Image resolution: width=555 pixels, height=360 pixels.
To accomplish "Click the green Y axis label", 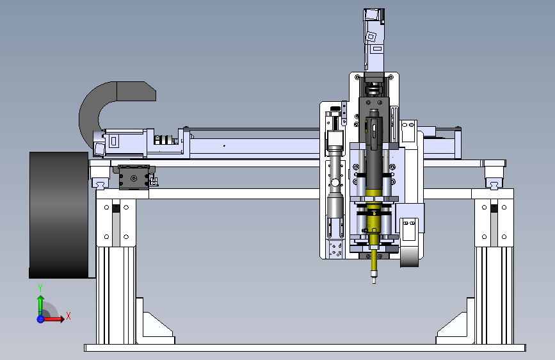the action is coord(40,288).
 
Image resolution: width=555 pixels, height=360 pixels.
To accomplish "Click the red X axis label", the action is coord(68,316).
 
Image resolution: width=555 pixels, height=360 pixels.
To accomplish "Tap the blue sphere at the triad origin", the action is coord(40,319).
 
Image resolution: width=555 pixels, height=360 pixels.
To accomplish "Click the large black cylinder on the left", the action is coord(59,215).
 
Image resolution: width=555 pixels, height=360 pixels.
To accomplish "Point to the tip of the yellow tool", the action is coord(374,282).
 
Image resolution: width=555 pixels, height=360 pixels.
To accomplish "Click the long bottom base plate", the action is coord(305,348).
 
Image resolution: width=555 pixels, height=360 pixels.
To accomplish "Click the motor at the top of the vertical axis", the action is coord(374,40).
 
